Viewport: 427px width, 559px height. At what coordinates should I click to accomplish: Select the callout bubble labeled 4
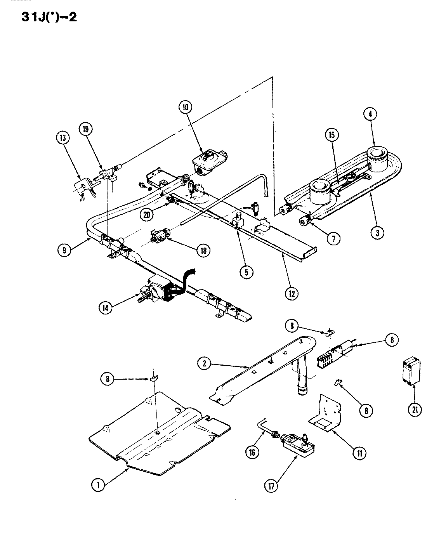[370, 114]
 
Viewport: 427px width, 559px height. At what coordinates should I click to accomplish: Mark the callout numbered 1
[99, 484]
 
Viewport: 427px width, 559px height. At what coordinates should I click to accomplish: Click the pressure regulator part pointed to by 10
[210, 160]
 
